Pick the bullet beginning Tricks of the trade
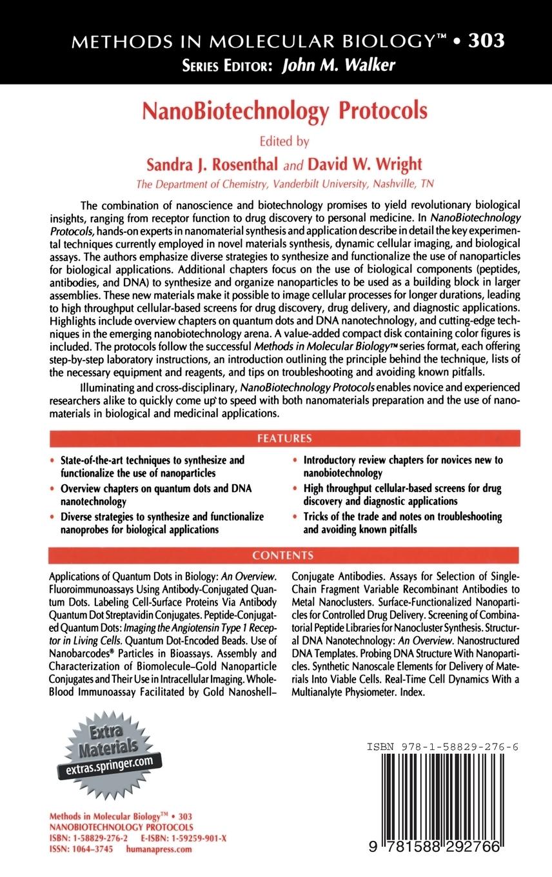click(x=402, y=523)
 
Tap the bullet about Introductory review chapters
click(x=402, y=466)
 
